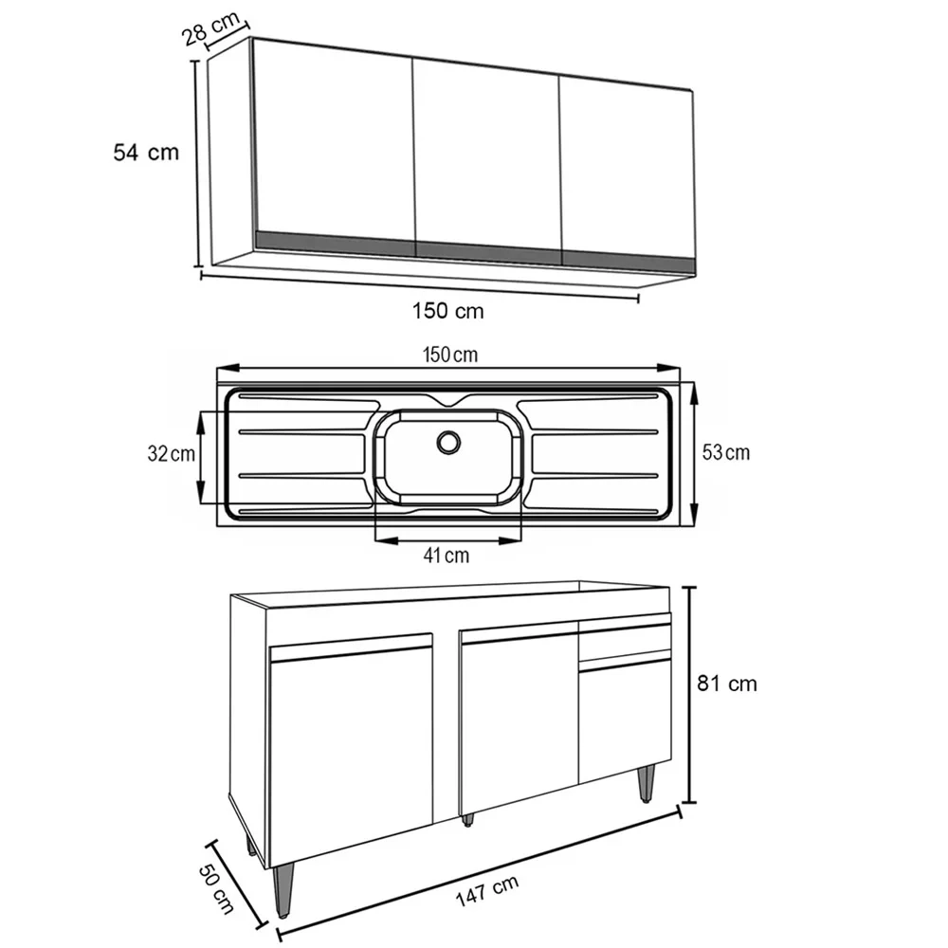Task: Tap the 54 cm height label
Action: coord(145,152)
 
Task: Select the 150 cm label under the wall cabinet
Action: coord(447,310)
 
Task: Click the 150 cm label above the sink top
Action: coord(450,355)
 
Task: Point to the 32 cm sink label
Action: coord(171,454)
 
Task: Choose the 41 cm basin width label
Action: coord(446,556)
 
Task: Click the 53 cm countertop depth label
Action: coord(725,452)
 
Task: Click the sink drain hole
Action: coord(447,441)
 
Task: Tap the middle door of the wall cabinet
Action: coord(487,152)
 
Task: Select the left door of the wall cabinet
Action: coord(334,142)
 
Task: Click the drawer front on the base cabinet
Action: coord(624,642)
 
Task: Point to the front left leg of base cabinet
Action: coord(282,891)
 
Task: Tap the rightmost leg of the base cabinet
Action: coord(646,783)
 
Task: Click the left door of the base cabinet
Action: coord(351,749)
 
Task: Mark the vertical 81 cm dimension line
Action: coord(691,692)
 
